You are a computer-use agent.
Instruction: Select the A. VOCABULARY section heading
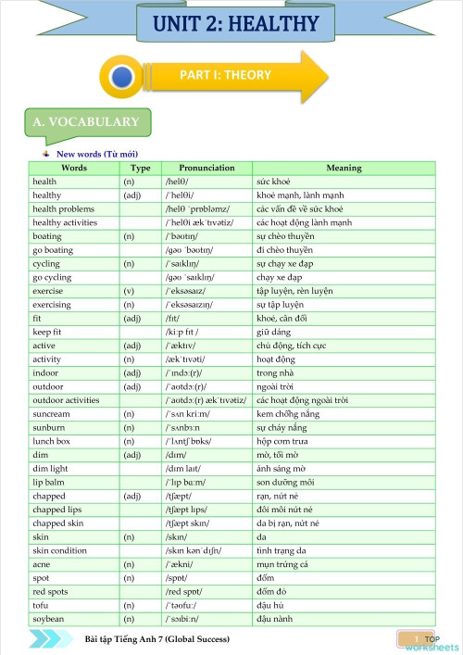[85, 122]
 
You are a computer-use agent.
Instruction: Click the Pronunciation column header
[206, 168]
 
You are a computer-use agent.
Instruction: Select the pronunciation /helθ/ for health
[177, 182]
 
